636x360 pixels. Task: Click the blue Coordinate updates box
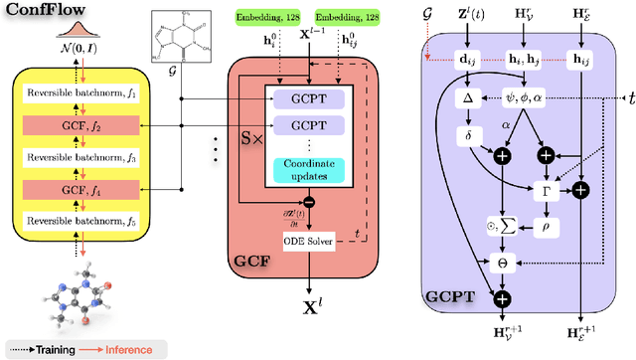pos(311,170)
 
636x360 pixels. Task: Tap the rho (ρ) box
pos(545,226)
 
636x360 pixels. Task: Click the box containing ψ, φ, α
pos(545,97)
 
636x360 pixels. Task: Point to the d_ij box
pos(468,60)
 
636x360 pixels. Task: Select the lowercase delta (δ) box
pos(468,136)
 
